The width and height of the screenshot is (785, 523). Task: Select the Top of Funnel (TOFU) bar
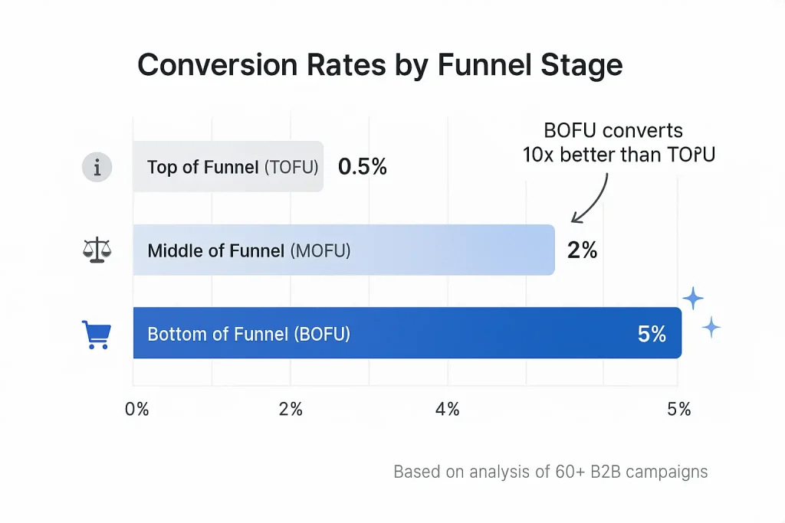[228, 166]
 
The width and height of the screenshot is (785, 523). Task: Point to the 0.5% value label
[362, 166]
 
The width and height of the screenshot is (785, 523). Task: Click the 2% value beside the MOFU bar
[582, 250]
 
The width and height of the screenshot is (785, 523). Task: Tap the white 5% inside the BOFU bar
[652, 333]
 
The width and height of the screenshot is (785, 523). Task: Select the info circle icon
[97, 167]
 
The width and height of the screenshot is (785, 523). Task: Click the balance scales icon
[97, 250]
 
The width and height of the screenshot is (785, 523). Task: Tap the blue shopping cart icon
[97, 335]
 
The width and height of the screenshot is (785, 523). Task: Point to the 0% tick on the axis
[136, 409]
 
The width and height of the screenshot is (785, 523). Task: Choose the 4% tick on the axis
[447, 409]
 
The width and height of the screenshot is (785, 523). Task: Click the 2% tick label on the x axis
[291, 409]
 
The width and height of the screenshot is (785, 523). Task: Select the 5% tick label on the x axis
[679, 409]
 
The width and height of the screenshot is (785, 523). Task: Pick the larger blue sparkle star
[693, 299]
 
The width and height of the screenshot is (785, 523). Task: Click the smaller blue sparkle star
[712, 327]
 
